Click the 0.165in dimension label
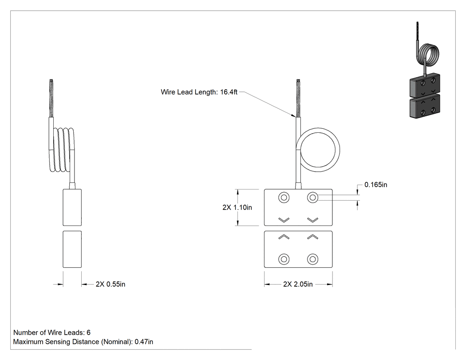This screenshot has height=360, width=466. coord(375,185)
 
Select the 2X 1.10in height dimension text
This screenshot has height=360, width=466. coord(237,207)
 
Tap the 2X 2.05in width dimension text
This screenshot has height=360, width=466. coord(298,285)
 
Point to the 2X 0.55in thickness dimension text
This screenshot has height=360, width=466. coord(110,285)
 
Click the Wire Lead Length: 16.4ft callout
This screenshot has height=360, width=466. coord(199,92)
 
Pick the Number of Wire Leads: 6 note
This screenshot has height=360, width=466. coord(52,332)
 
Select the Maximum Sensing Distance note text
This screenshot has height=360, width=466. coord(83,342)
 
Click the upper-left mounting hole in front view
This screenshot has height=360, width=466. coord(284,198)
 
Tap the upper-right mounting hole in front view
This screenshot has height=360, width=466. coord(312,198)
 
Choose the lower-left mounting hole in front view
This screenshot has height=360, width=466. coord(284,259)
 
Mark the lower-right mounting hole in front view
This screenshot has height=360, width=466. coord(312,259)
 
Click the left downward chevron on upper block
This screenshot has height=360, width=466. coord(284,220)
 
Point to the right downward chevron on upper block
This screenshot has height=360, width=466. coord(312,220)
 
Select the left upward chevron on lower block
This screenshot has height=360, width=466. coord(284,237)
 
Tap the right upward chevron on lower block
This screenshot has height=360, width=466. coord(312,237)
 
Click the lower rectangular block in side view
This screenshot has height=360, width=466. coord(72,249)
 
